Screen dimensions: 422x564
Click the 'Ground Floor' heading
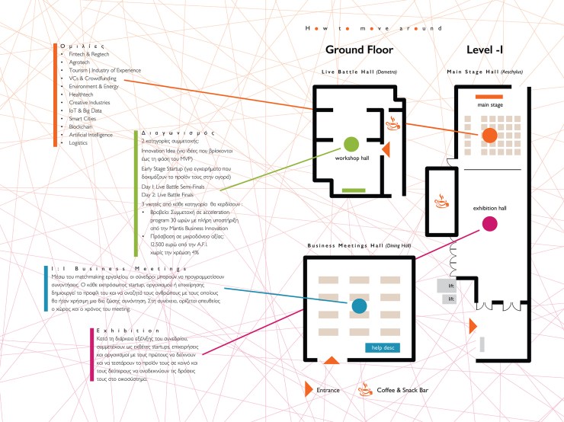point(359,50)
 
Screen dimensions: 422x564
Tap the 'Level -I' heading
point(486,50)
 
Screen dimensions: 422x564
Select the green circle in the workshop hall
point(351,143)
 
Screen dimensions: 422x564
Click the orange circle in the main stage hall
point(489,135)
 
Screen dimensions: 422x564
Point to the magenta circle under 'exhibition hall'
point(490,223)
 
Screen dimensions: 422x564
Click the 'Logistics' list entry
point(79,142)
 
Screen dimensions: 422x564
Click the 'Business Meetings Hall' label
point(358,245)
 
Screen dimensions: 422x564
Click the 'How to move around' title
point(373,28)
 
